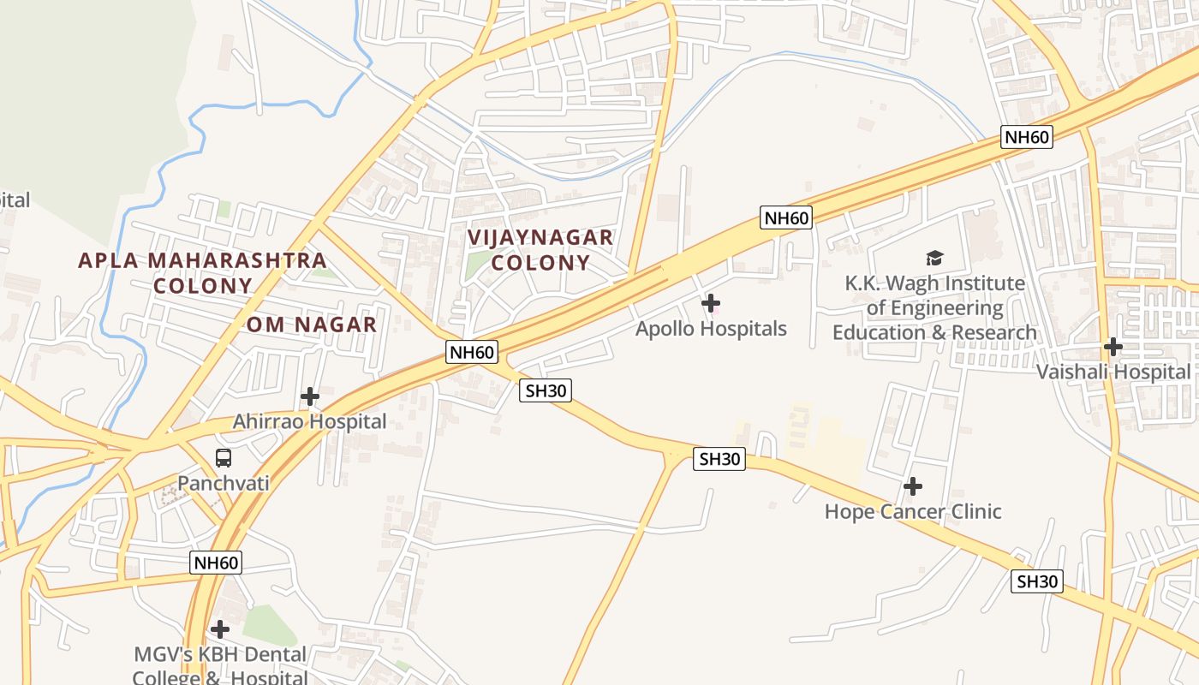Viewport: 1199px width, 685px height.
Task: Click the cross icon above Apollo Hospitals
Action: [710, 302]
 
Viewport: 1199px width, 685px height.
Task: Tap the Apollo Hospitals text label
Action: [710, 329]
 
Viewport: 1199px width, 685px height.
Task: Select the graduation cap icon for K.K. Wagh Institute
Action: [934, 258]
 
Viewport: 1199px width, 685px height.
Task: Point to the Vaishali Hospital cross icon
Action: [1113, 347]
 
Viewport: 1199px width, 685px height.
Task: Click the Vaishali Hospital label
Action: [1113, 372]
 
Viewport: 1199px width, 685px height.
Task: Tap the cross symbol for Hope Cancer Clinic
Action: [913, 486]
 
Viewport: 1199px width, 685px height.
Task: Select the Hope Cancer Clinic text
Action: [912, 512]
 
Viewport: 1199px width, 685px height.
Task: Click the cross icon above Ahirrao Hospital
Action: [310, 396]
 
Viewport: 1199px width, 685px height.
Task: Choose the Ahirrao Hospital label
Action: [309, 421]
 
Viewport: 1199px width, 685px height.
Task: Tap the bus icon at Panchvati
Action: [224, 458]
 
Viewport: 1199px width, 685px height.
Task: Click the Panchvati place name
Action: [223, 483]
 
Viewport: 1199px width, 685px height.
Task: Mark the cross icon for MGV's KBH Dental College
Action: [220, 629]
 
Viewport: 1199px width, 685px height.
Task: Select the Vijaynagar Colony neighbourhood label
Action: [540, 249]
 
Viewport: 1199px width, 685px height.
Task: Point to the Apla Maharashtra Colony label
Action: [202, 272]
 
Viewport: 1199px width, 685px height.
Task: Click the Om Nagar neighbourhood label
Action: [312, 325]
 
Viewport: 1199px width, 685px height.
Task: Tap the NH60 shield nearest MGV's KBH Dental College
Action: [215, 563]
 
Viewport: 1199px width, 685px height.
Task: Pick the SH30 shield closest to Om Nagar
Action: [546, 390]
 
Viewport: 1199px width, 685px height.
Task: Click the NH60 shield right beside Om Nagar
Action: [471, 352]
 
